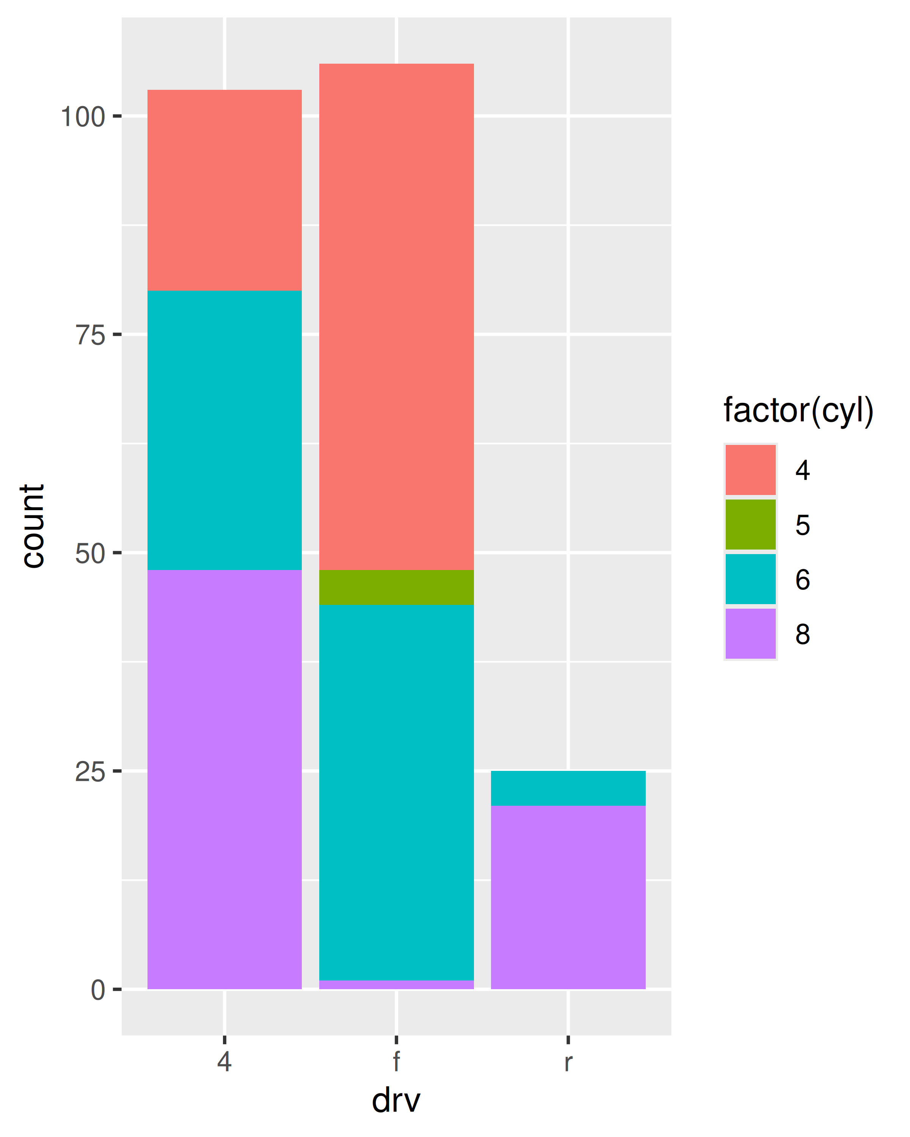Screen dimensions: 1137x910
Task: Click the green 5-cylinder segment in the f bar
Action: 396,587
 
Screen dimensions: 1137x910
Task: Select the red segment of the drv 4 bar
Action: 224,190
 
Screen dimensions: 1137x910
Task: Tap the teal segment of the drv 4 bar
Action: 224,430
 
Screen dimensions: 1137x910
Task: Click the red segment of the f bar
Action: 396,316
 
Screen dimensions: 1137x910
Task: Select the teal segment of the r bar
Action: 568,788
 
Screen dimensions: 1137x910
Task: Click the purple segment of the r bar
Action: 568,896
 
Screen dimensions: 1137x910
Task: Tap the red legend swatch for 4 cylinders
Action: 750,469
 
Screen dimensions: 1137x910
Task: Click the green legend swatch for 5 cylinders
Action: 750,524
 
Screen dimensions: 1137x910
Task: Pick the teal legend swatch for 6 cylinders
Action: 750,578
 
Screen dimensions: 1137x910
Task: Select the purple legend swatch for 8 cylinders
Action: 750,633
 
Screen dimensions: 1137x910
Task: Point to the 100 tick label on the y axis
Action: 83,117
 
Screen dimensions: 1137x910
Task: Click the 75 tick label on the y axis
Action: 90,335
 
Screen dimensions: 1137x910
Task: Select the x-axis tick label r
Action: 568,1061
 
